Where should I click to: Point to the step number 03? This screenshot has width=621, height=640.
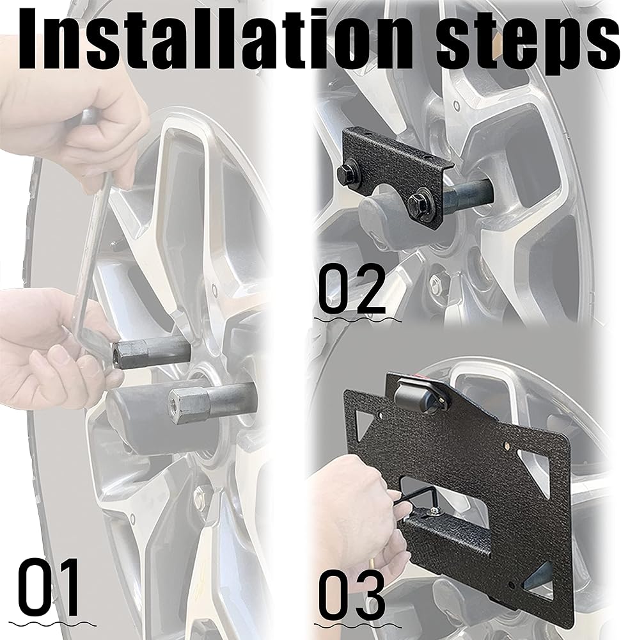click(x=352, y=596)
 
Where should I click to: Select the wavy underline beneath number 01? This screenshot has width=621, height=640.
click(x=52, y=624)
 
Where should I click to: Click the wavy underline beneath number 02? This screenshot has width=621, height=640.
click(x=358, y=319)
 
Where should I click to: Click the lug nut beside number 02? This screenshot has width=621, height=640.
click(x=437, y=281)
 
